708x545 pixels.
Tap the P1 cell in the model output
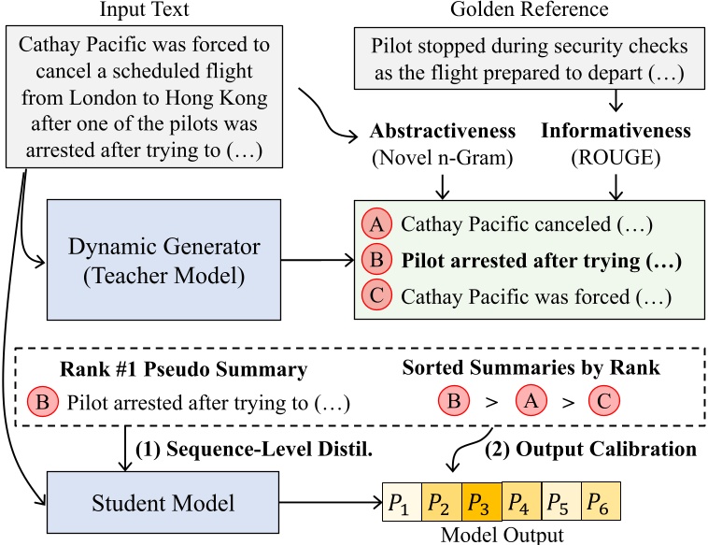click(402, 505)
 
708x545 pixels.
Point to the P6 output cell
click(600, 505)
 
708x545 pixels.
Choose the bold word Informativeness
click(616, 132)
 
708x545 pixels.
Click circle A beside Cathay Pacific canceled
click(375, 225)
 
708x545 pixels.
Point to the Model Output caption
click(502, 536)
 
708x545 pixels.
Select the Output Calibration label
click(591, 450)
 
